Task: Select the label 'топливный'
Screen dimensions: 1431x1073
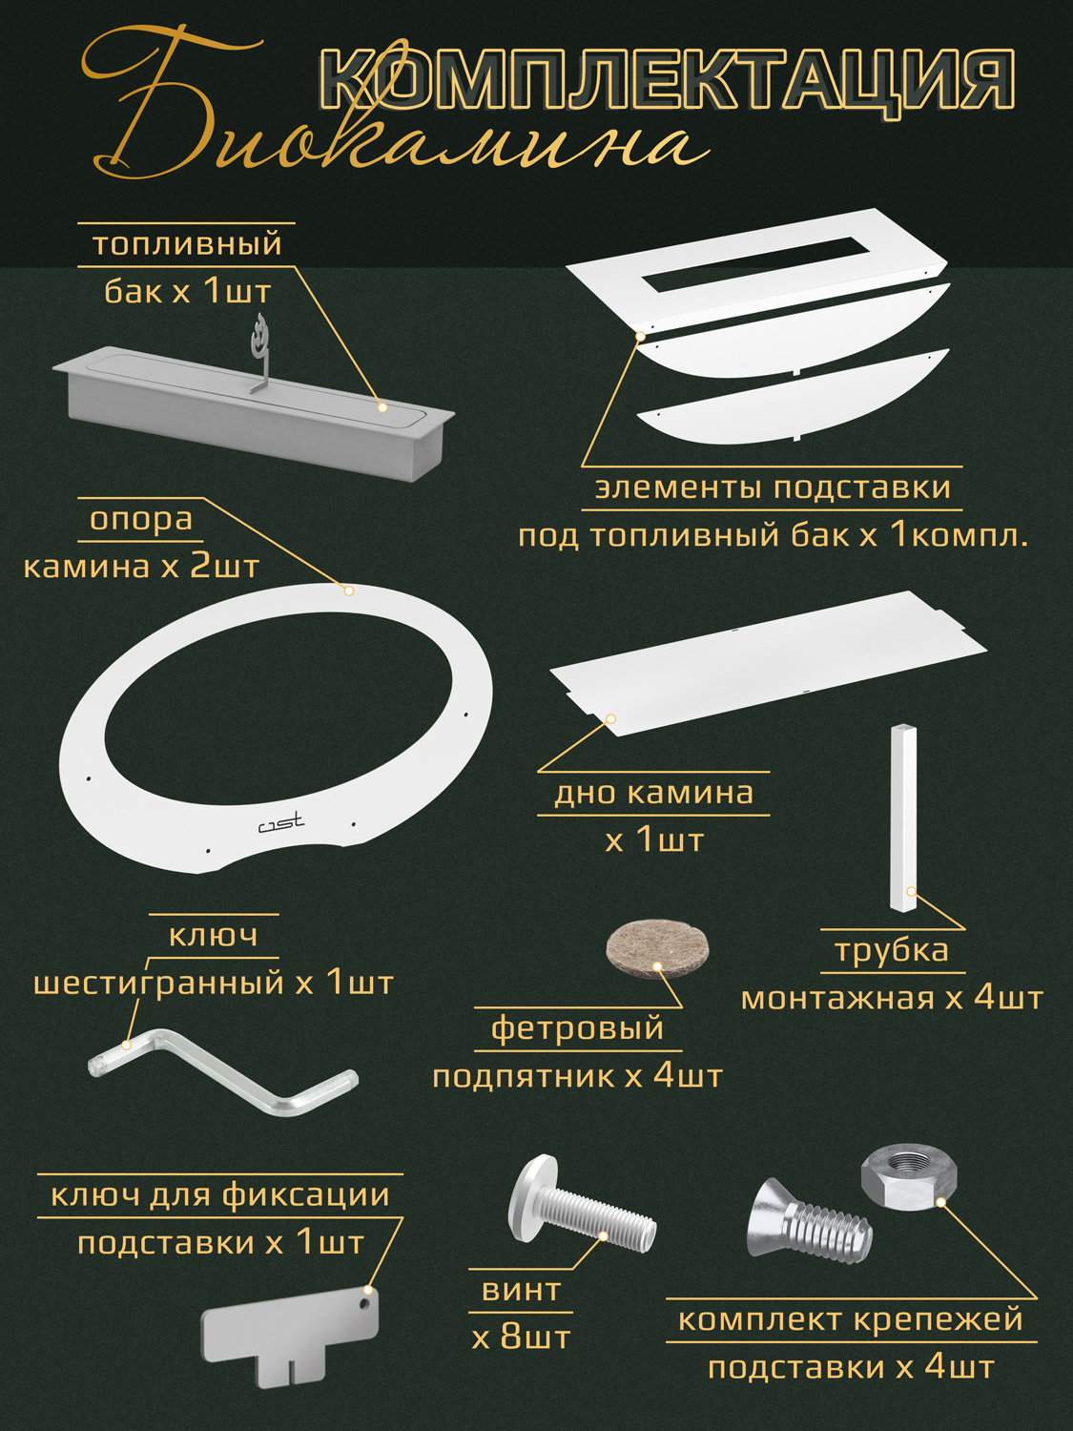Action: pos(187,244)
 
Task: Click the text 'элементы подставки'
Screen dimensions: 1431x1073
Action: pos(773,487)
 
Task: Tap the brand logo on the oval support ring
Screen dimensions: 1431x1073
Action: pos(281,822)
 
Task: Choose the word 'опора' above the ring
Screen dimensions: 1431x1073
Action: pos(141,519)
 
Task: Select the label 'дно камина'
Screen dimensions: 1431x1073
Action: pos(654,793)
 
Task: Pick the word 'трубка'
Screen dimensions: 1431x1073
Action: pos(892,951)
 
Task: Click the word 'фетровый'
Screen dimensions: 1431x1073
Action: pos(578,1028)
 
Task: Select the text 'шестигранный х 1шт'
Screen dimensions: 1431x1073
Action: pos(214,983)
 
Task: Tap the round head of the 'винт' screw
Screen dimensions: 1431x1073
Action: pos(531,1197)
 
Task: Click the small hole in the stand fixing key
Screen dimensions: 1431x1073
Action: pos(365,1299)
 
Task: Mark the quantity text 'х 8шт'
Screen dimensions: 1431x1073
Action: pos(521,1338)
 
